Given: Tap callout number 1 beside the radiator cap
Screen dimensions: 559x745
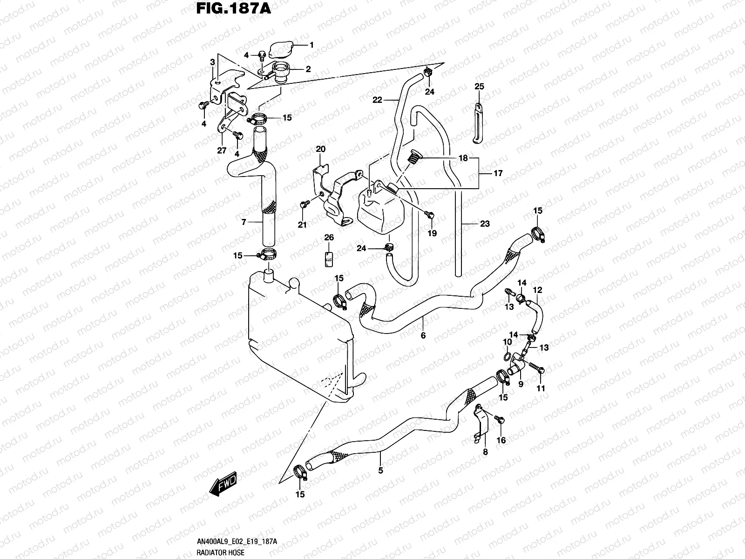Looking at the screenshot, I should point(312,45).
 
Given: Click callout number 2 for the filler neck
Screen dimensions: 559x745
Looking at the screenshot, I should point(308,69).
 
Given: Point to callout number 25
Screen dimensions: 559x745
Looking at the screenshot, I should point(479,87).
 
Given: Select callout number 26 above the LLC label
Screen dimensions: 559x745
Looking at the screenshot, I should point(329,238).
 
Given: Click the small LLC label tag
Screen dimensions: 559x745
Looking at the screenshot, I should point(329,259).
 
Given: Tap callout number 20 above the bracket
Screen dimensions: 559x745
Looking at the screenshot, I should point(320,149).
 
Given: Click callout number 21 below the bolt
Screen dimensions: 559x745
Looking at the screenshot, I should point(303,225).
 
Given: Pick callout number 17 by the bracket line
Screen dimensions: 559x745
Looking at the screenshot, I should point(498,173).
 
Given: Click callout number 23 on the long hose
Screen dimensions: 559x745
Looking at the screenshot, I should point(485,224).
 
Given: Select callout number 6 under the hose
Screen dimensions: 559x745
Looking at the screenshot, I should point(423,335).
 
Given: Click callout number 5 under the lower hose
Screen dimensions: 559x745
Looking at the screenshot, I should point(380,471).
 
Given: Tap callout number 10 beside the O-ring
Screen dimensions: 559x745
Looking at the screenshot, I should point(507,343).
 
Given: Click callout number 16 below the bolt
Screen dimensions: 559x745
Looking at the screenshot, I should point(501,440).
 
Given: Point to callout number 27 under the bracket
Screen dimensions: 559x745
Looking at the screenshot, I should point(222,150).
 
